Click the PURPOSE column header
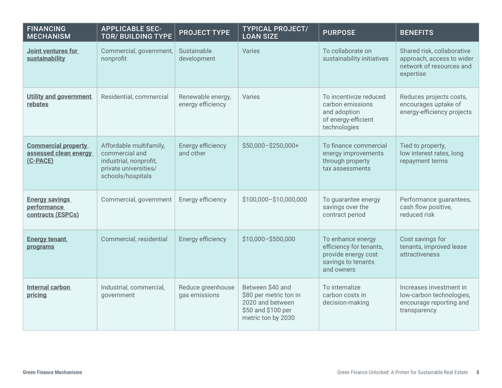[339, 33]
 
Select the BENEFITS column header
[416, 33]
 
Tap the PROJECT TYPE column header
[204, 33]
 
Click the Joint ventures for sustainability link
[52, 55]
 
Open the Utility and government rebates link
[59, 100]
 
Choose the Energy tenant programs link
[47, 243]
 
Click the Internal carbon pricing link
[49, 291]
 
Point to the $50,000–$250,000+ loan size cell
[270, 146]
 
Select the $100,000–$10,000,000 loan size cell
[274, 199]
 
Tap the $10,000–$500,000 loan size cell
[268, 239]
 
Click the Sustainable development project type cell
[197, 55]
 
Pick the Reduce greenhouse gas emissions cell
[206, 291]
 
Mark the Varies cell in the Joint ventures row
[251, 51]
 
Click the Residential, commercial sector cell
[134, 97]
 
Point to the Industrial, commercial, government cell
[133, 291]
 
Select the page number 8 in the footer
[477, 372]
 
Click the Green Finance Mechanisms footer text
[52, 372]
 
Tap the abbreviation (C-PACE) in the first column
[40, 160]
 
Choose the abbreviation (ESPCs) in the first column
[65, 214]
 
